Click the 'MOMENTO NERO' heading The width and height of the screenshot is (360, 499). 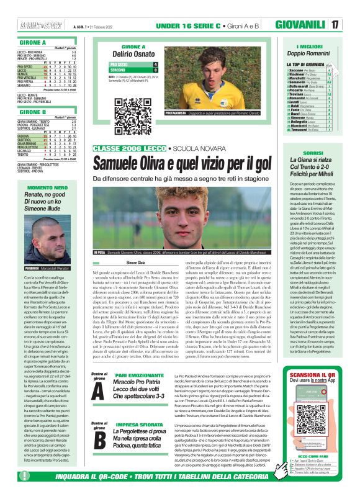click(x=47, y=187)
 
